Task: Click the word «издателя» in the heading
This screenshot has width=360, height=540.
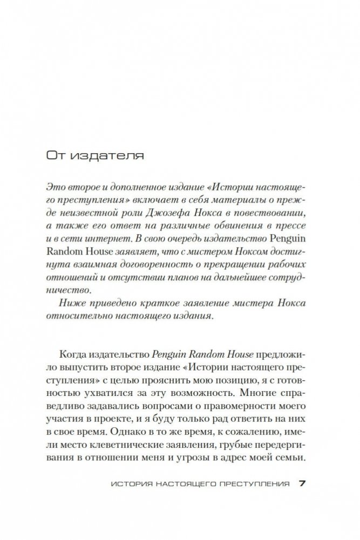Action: click(110, 156)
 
